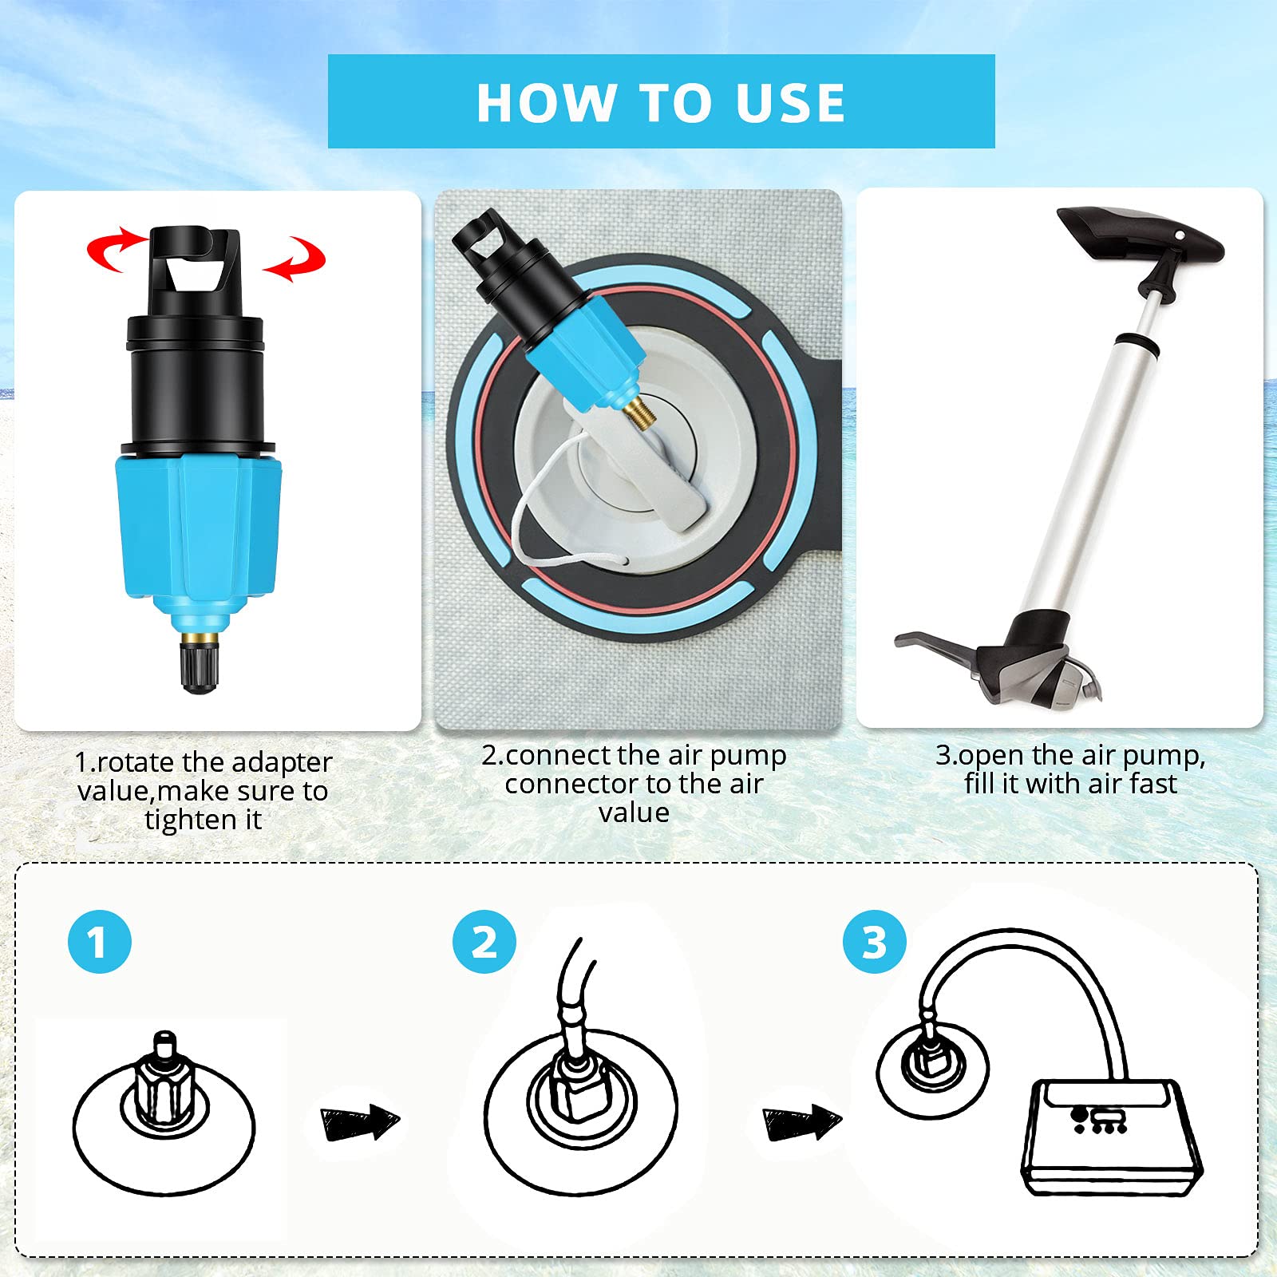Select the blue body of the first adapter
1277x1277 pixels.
click(200, 527)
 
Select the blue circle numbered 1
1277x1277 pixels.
click(100, 942)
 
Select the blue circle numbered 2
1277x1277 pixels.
click(484, 942)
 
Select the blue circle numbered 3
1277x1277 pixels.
click(875, 942)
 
